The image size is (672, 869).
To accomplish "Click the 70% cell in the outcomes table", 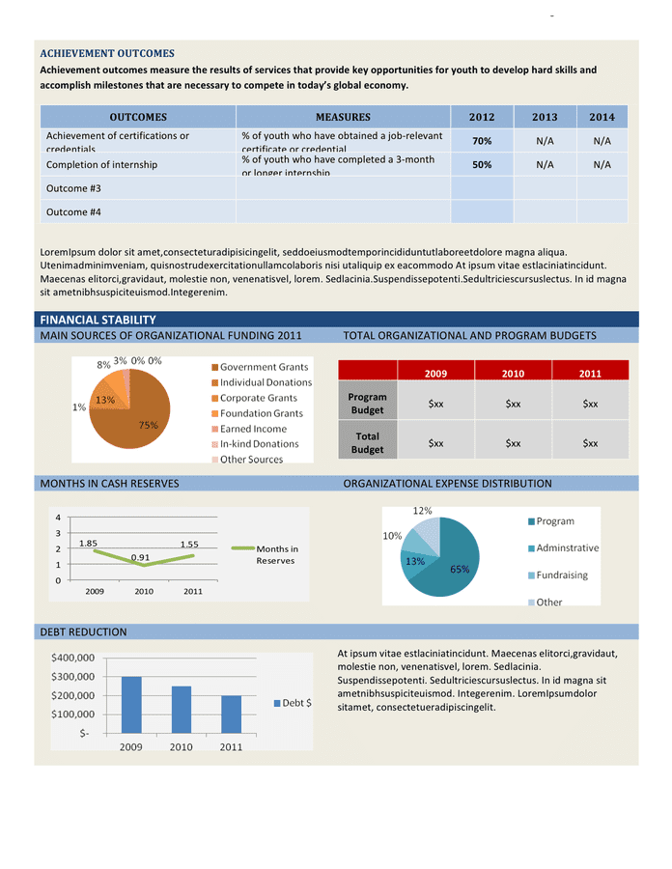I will pos(482,141).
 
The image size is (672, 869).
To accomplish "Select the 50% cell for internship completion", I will pos(482,164).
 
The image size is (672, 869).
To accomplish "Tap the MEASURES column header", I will pos(343,117).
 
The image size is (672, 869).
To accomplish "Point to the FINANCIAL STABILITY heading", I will pos(98,320).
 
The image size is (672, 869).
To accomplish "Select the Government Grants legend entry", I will pos(264,367).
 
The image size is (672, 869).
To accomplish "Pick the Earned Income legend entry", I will pos(253,429).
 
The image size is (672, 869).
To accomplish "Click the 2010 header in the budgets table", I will pos(513,374).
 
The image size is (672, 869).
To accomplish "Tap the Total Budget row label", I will pos(368,443).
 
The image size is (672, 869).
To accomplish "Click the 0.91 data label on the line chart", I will pos(141,557).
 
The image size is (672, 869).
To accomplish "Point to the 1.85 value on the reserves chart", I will pos(88,544).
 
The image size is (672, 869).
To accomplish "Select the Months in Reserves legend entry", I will pos(277,554).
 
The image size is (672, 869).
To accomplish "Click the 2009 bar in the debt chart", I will pos(131,705).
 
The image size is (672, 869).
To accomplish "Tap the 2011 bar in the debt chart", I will pos(232,715).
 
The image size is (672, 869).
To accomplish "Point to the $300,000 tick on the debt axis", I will pos(72,677).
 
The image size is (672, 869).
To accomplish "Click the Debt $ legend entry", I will pos(295,703).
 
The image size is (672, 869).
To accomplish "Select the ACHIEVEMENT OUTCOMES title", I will pos(107,53).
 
